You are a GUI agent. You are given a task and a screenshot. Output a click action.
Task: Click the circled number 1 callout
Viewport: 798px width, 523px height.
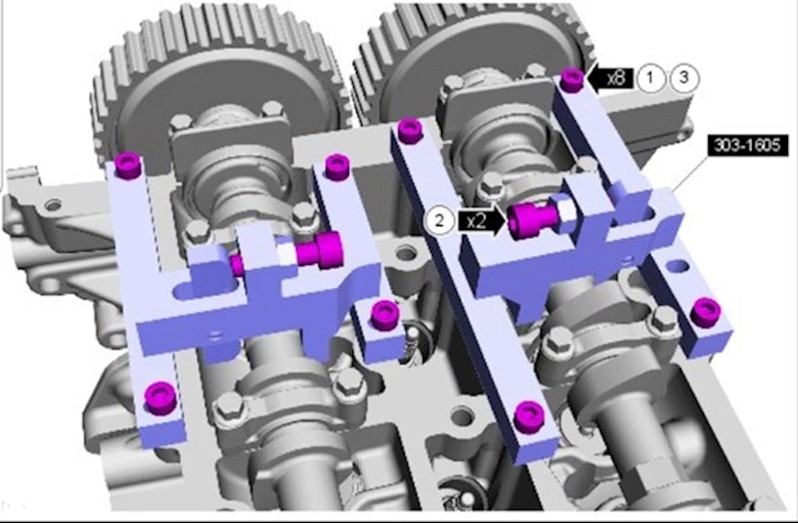(x=650, y=79)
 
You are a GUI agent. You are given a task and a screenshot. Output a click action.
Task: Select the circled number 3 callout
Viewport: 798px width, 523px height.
(x=684, y=78)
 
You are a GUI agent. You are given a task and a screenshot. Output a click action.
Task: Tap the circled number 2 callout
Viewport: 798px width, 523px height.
(x=440, y=220)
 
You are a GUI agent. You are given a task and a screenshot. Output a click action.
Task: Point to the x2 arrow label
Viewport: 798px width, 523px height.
(x=482, y=221)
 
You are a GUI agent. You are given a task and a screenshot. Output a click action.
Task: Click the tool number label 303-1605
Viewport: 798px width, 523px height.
(x=747, y=145)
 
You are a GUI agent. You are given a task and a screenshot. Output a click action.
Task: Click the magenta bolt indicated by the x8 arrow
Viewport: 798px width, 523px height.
(x=572, y=81)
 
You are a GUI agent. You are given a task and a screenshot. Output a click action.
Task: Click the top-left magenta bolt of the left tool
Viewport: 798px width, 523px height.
(x=128, y=165)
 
